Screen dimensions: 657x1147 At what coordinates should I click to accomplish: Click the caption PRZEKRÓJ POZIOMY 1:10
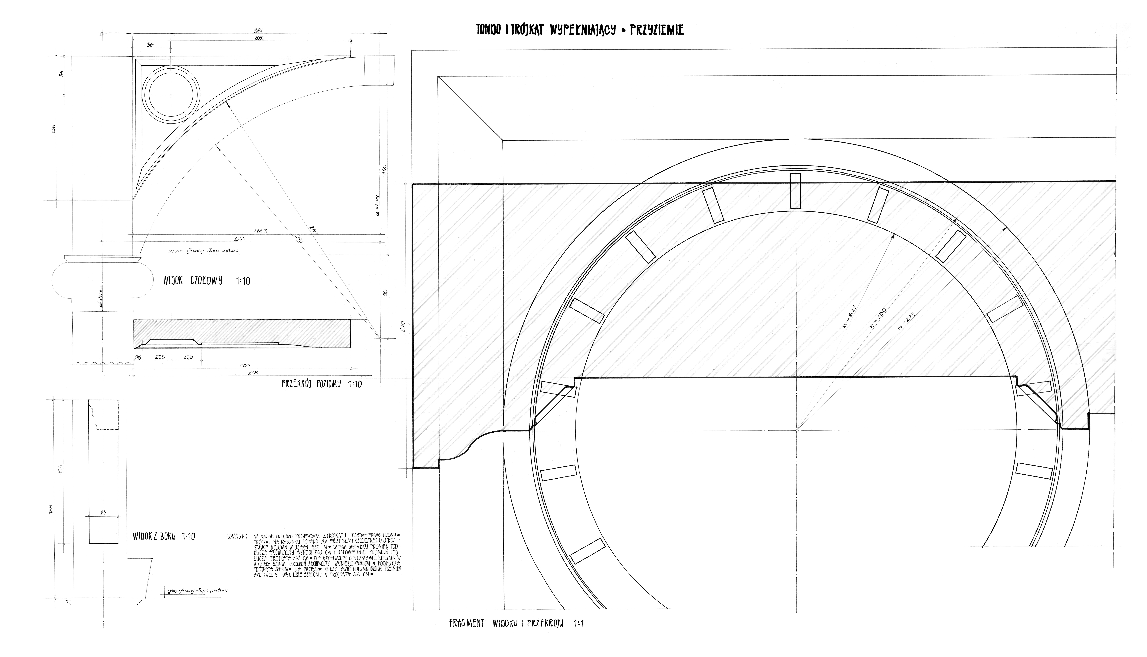pyautogui.click(x=321, y=384)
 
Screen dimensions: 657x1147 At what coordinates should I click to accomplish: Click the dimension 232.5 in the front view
pyautogui.click(x=260, y=231)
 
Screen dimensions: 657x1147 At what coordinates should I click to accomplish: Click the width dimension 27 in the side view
pyautogui.click(x=103, y=513)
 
